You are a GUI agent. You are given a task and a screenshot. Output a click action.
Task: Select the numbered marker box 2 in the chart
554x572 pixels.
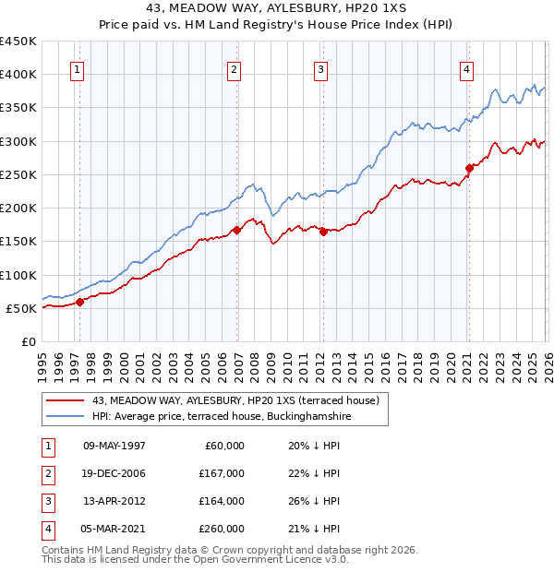235,69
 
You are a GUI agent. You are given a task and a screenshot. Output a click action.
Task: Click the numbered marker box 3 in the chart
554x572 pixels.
320,69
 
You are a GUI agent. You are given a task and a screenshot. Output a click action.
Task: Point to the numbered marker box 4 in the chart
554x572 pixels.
467,69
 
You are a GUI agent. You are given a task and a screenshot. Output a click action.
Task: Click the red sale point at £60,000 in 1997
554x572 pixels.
79,301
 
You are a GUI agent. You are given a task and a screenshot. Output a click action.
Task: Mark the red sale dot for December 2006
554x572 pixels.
237,230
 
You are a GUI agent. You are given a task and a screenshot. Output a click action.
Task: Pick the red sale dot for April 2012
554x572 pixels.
324,232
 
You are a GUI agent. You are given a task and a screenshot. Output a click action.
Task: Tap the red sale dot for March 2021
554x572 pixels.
469,168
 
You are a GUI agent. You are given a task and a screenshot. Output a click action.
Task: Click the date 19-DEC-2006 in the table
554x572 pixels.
114,472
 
